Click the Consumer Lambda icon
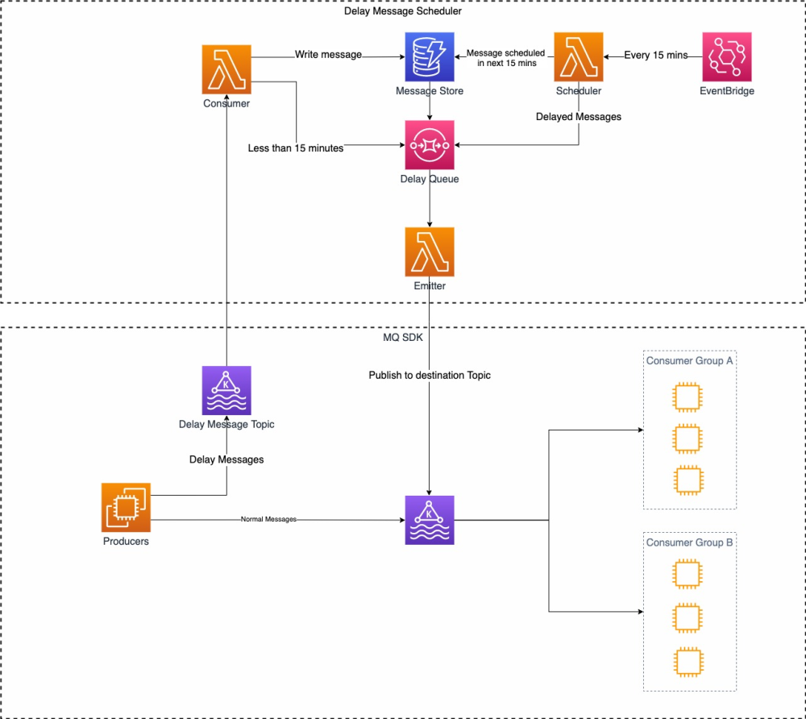[226, 69]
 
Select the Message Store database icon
[429, 56]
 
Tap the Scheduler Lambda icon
[579, 56]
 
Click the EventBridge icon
[727, 56]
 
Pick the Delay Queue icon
[430, 145]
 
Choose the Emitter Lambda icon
[430, 251]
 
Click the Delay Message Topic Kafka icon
[226, 390]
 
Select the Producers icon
[126, 507]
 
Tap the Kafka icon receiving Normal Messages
[430, 520]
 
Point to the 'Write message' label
[328, 55]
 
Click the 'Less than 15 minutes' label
[296, 148]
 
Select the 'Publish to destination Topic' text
[430, 375]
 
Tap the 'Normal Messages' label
[268, 520]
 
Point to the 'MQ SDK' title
[403, 336]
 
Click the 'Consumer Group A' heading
[689, 361]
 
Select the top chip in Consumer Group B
[686, 575]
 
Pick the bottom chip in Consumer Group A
[686, 480]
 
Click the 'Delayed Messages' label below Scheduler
[578, 117]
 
